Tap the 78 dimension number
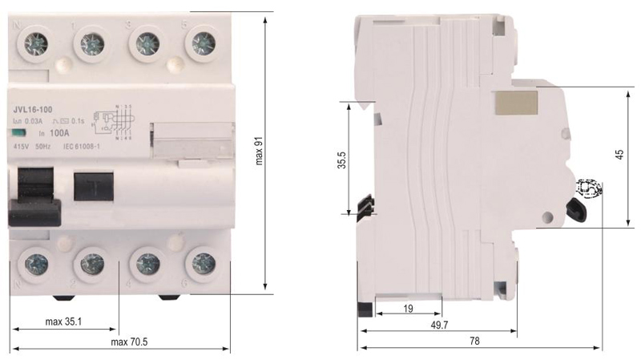pyautogui.click(x=474, y=341)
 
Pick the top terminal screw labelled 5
pyautogui.click(x=201, y=40)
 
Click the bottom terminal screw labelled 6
pyautogui.click(x=200, y=262)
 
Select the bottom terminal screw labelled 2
pyautogui.click(x=91, y=263)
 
